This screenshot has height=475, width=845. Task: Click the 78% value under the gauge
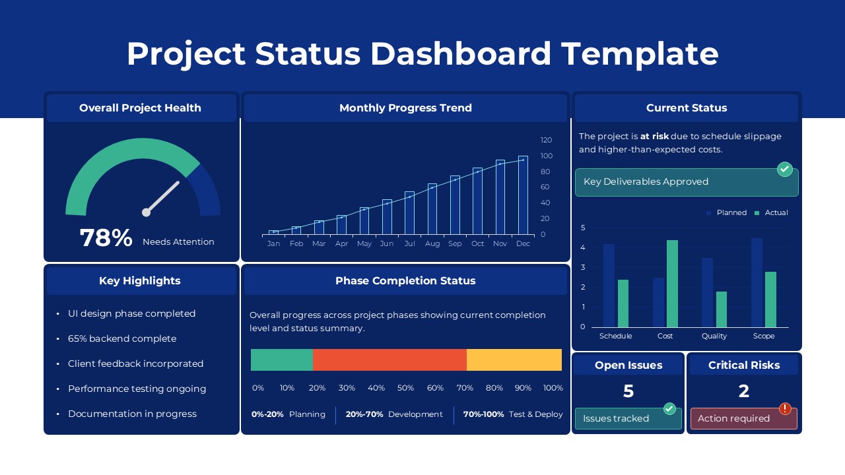106,238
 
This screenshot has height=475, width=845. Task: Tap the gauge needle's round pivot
146,212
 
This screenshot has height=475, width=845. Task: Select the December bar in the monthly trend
523,195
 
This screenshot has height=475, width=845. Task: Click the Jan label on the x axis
273,243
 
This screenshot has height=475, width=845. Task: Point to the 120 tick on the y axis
546,140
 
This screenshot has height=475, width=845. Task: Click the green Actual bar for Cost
672,284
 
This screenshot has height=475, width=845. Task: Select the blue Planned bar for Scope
757,282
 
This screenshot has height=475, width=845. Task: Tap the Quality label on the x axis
714,336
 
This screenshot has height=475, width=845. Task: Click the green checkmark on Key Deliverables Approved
784,169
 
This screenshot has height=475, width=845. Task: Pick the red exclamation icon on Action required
785,409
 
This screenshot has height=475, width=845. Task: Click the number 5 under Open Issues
628,391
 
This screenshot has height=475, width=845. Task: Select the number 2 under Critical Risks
743,391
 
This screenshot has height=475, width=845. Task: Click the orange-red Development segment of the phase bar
389,360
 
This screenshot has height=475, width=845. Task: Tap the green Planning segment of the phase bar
282,360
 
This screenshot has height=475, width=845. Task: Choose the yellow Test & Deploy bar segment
514,360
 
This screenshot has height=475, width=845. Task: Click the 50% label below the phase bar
405,388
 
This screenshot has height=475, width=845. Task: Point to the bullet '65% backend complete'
122,338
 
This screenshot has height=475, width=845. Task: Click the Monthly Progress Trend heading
405,108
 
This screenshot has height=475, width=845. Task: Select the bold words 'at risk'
654,136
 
